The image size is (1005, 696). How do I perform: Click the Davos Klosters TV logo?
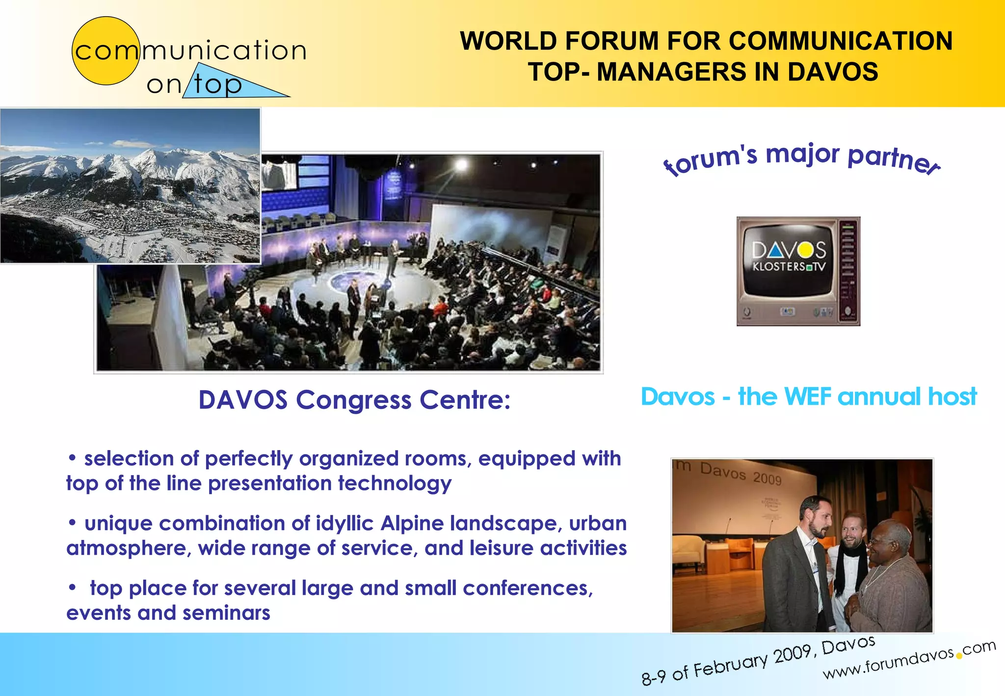(x=798, y=271)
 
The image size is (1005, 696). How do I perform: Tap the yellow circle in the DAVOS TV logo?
(x=805, y=251)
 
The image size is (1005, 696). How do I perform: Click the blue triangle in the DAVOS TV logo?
(x=776, y=251)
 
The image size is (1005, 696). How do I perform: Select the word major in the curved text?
(x=803, y=154)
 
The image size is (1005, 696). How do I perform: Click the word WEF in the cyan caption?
(x=808, y=397)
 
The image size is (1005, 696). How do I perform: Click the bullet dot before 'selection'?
(x=72, y=458)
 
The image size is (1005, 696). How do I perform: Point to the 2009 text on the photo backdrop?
(x=767, y=479)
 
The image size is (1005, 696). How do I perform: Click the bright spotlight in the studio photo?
(x=462, y=165)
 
